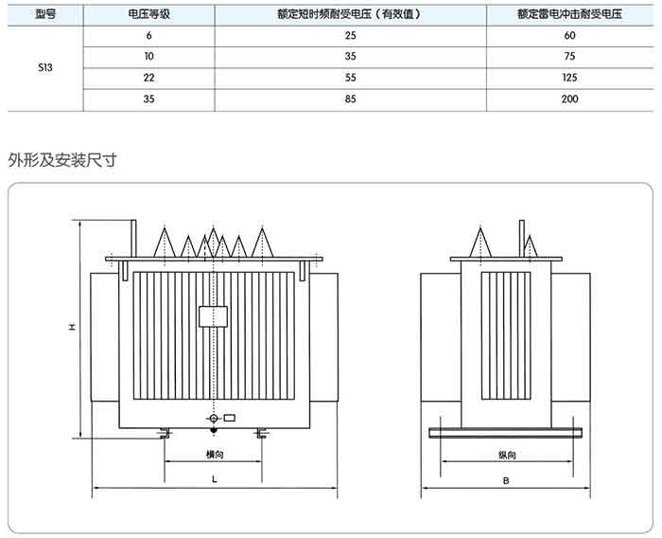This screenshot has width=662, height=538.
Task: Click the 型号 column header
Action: click(45, 14)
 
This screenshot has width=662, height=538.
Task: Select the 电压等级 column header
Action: click(149, 14)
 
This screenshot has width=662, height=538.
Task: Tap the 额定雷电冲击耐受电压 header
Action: click(569, 14)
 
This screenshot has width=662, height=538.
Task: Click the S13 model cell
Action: click(45, 67)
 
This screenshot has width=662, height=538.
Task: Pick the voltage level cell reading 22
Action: click(149, 78)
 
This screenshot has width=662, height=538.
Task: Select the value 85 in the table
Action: click(351, 99)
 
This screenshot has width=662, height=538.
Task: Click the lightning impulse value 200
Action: click(569, 99)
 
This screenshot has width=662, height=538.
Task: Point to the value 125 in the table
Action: click(569, 78)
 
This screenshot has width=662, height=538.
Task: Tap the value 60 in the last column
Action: click(569, 36)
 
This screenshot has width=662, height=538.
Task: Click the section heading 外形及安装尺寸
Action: click(62, 160)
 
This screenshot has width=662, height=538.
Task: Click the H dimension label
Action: click(72, 327)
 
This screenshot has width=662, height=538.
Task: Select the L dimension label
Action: click(215, 479)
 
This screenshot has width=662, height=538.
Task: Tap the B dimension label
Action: click(506, 480)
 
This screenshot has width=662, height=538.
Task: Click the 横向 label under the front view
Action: click(215, 455)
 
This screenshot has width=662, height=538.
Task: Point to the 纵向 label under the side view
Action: click(507, 455)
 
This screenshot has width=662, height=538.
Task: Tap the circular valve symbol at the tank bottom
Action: click(214, 419)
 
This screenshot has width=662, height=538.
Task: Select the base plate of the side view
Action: click(505, 433)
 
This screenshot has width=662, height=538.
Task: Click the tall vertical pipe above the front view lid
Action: click(133, 239)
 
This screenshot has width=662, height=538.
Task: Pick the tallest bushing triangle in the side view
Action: click(480, 242)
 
